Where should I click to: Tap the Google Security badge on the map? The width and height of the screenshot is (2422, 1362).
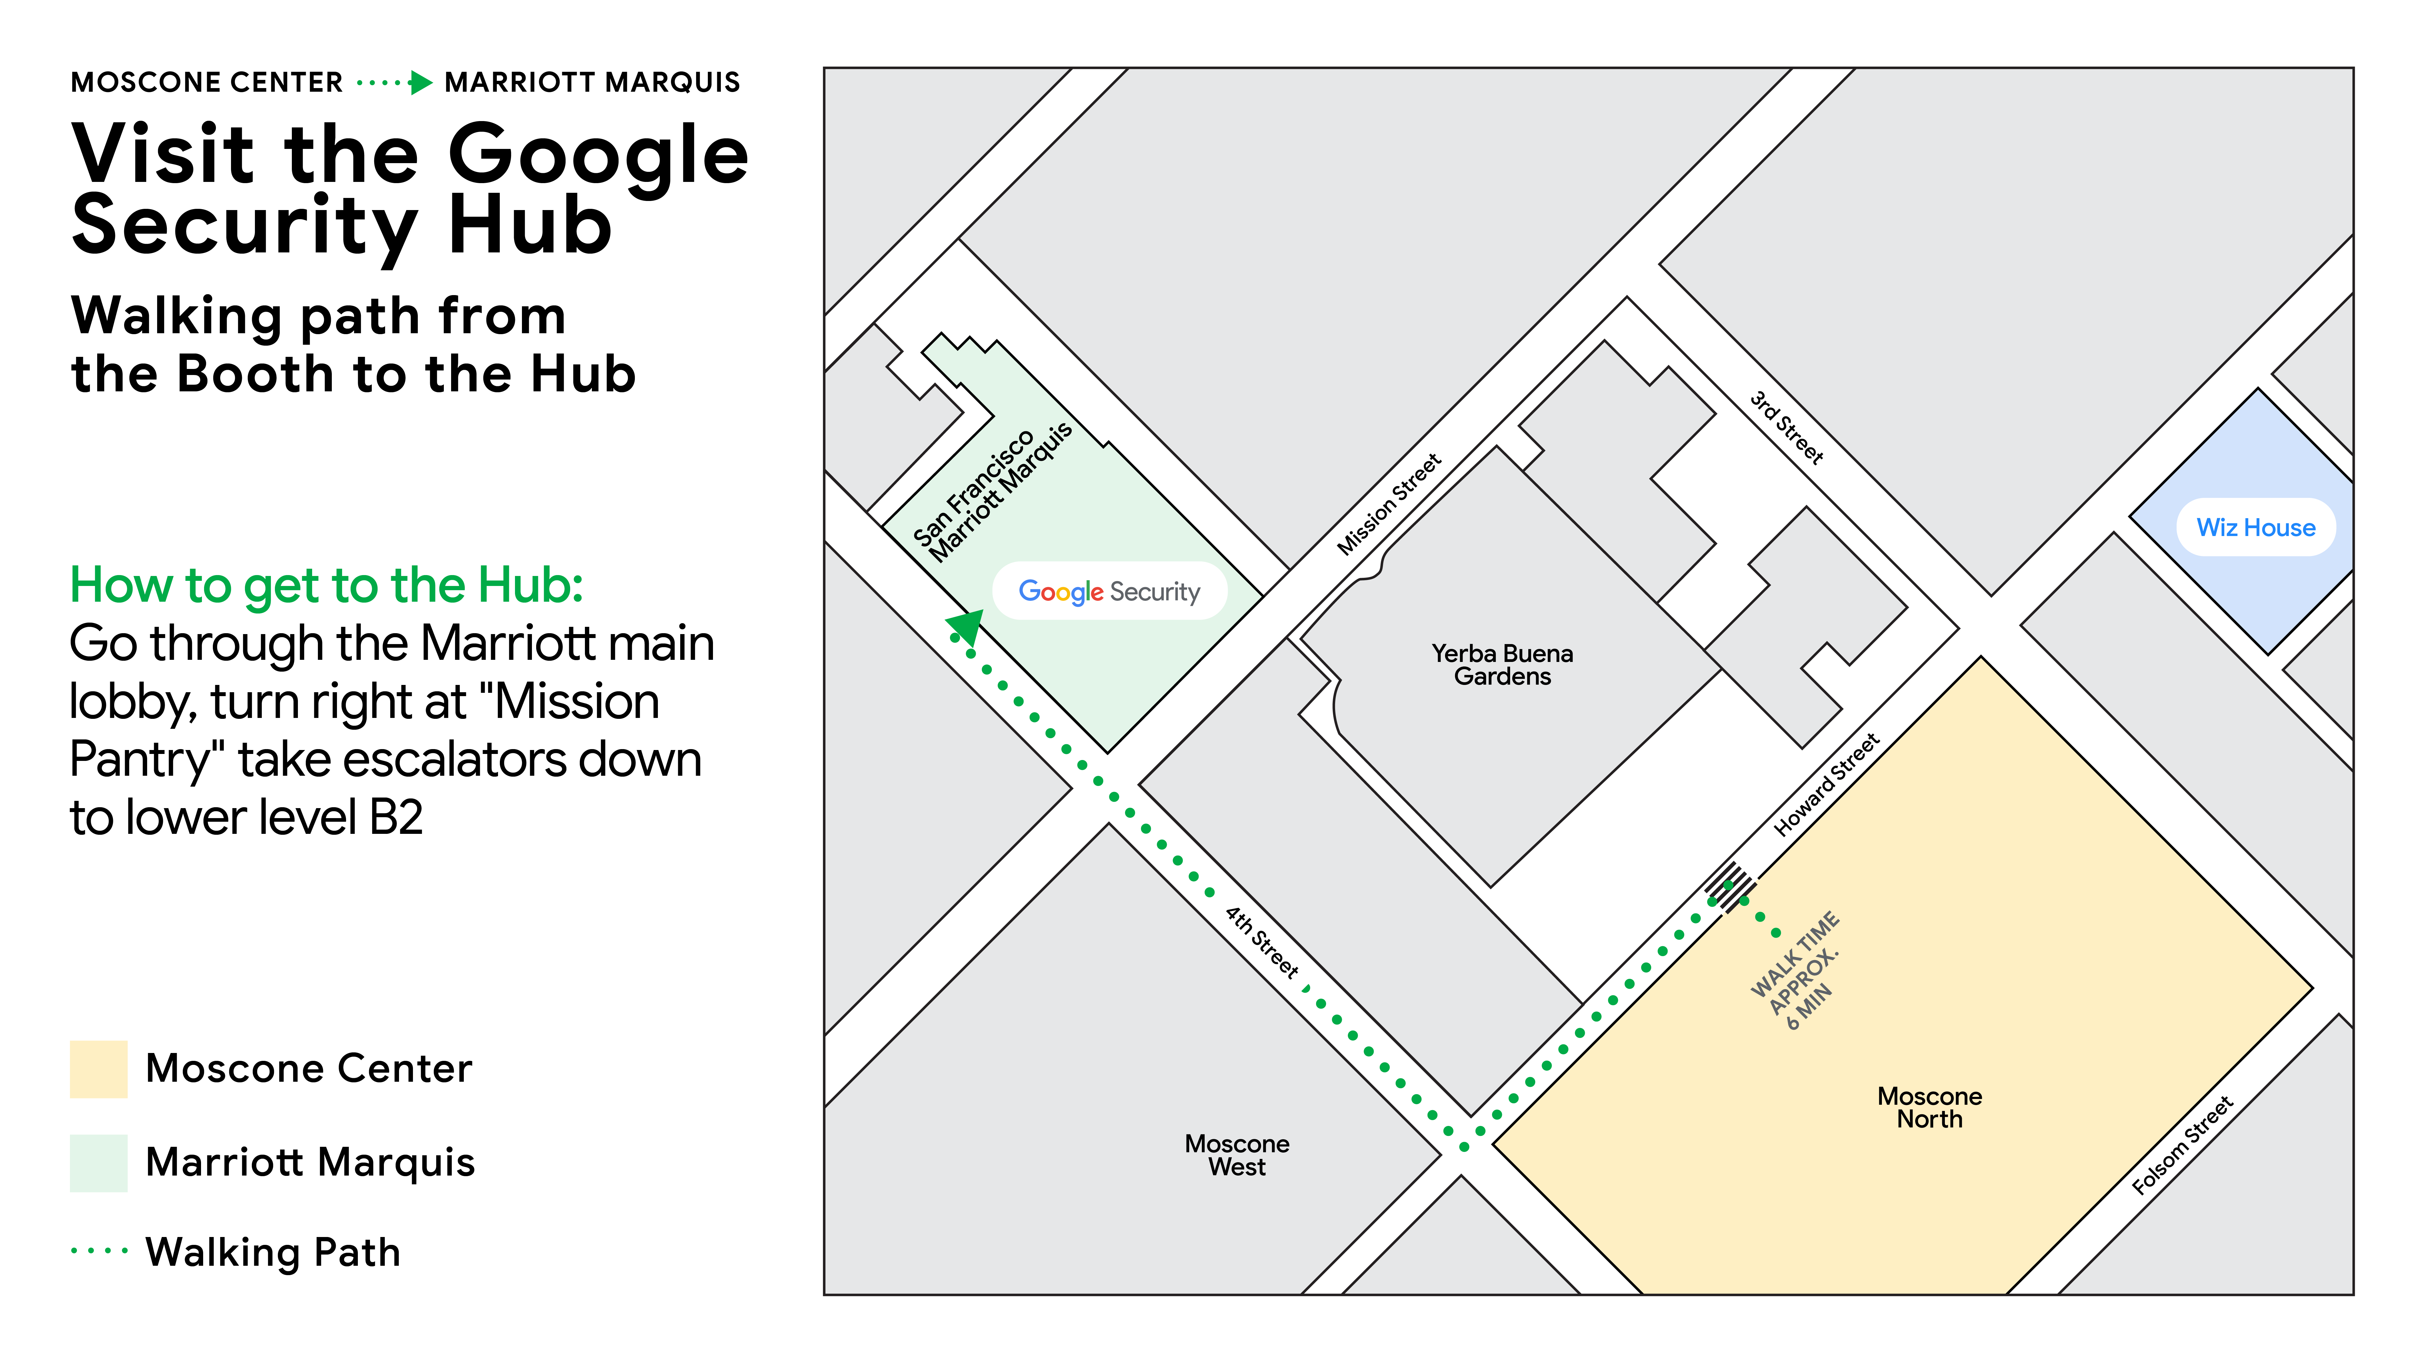[1110, 591]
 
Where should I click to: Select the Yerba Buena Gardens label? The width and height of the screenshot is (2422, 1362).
[1502, 665]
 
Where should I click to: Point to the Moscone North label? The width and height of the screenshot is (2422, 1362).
[1929, 1107]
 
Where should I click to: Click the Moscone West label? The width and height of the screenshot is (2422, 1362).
[1236, 1155]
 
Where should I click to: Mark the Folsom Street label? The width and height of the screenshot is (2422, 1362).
[2181, 1145]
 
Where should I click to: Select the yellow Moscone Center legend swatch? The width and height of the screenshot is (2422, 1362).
[99, 1069]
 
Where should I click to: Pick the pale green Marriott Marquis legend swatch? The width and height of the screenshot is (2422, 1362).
[99, 1163]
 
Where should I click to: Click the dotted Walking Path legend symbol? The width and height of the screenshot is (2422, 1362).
[99, 1251]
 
